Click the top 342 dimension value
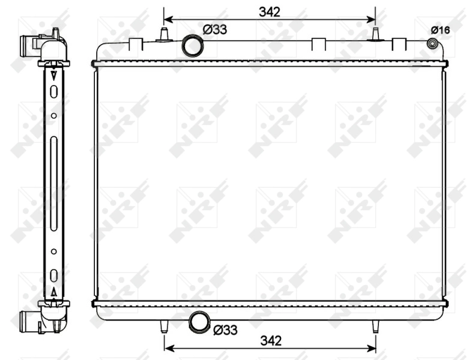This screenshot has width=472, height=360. [x=270, y=11]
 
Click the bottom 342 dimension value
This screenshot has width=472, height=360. [x=270, y=340]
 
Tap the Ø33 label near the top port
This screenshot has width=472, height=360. [x=214, y=29]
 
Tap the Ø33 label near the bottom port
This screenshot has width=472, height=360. [x=226, y=329]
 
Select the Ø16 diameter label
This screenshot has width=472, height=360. [x=440, y=29]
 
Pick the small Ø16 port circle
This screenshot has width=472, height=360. [x=431, y=44]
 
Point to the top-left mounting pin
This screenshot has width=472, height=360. [x=163, y=34]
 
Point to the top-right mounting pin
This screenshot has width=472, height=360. [x=375, y=34]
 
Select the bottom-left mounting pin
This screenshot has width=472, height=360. [x=164, y=327]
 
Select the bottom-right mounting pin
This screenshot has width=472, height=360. [x=375, y=327]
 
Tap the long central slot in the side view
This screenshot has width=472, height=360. [x=53, y=180]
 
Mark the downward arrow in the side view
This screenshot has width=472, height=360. [x=54, y=76]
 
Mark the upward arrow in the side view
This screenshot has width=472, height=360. [x=54, y=292]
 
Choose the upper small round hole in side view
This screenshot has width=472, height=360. [x=53, y=115]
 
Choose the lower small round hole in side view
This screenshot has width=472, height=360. [x=53, y=251]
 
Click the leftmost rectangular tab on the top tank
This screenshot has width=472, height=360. [x=136, y=43]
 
